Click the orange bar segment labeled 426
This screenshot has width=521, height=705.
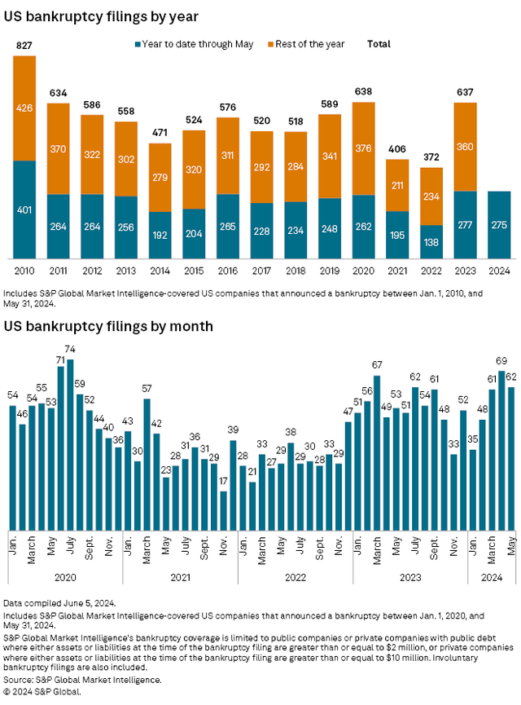pos(24,108)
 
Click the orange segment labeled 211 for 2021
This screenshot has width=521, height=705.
pos(396,185)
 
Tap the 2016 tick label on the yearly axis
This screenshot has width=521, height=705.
pos(228,270)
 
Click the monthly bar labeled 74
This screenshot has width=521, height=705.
pos(70,444)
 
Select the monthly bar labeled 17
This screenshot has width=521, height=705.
pos(224,510)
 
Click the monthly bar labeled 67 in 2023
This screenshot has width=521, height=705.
pos(377,452)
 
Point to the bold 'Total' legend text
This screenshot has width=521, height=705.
pos(379,42)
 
